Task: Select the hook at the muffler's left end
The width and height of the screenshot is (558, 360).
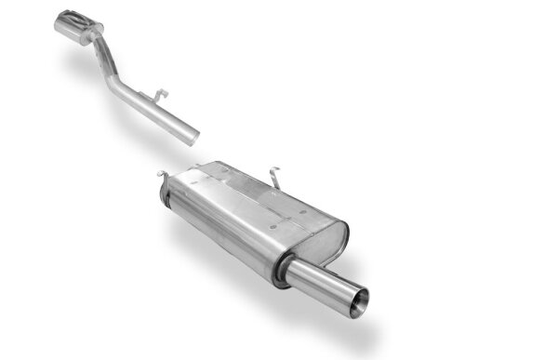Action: coord(163,174)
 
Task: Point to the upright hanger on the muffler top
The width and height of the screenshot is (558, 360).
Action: coord(274,174)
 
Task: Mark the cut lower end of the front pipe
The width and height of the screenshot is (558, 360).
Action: coord(193,135)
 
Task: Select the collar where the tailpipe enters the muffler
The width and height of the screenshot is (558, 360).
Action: coord(282,270)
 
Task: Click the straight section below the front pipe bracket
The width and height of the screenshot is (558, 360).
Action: coord(163,116)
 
